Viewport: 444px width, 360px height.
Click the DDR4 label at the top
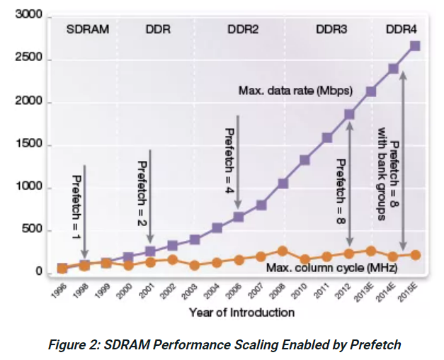(401, 30)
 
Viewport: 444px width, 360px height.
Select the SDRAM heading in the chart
(88, 30)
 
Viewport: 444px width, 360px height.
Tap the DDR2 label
(242, 30)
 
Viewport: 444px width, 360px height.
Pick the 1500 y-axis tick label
(30, 145)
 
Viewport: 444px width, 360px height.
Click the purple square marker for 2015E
(414, 46)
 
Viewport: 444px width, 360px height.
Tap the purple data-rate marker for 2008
(283, 184)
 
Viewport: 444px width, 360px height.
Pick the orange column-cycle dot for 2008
(283, 251)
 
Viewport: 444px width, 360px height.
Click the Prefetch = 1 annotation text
(76, 206)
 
